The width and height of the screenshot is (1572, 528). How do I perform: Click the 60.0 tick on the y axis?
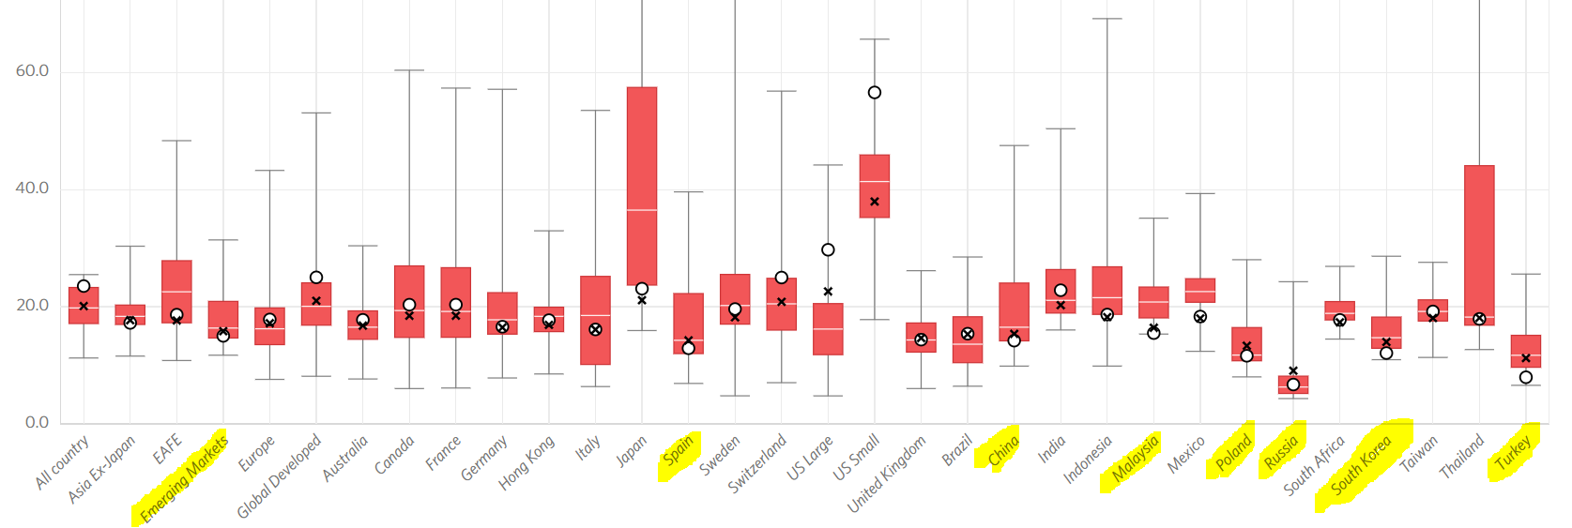[32, 71]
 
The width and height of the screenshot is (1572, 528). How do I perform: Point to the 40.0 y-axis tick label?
[32, 189]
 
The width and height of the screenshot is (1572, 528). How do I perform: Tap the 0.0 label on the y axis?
[37, 422]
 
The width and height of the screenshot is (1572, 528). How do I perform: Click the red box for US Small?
[875, 186]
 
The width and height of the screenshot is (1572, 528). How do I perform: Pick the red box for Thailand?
[1479, 245]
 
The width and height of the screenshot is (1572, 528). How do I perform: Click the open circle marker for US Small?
[875, 93]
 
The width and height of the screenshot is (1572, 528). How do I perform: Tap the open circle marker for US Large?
[828, 249]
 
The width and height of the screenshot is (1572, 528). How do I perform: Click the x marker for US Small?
[875, 202]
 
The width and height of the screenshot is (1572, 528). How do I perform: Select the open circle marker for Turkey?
[1526, 377]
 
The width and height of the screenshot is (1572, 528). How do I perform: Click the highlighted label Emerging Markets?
[184, 478]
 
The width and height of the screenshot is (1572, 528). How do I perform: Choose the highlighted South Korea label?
[1362, 465]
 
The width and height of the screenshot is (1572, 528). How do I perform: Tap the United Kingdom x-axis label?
[887, 474]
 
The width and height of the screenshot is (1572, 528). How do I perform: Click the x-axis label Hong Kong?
[527, 461]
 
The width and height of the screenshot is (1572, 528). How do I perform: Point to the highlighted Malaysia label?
[1136, 459]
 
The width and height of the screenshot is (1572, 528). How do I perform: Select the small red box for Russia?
[1293, 385]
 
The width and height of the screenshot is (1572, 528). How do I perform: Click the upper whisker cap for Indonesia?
[1107, 19]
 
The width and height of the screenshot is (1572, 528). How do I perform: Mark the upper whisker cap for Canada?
[409, 70]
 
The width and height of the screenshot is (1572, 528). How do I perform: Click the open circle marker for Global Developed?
[316, 278]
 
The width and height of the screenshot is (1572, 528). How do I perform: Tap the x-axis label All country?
[63, 460]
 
